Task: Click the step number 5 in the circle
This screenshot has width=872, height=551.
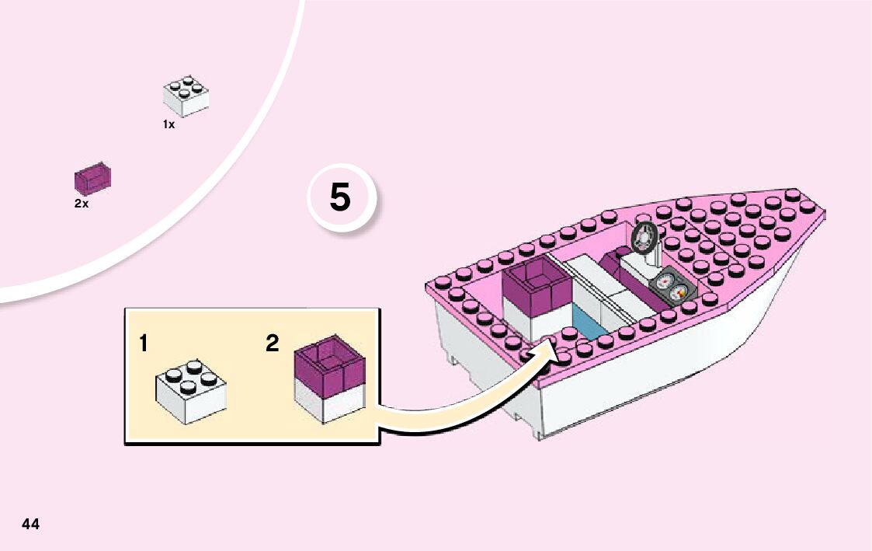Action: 340,198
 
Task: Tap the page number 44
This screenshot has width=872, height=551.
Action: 31,524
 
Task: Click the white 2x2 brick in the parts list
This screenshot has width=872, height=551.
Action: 186,96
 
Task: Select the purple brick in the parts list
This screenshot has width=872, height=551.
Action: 92,180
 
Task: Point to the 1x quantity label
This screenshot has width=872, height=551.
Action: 168,124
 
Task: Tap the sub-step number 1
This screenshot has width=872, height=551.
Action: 144,343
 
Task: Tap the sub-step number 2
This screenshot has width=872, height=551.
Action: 272,343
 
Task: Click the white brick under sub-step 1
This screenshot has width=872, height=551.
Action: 191,395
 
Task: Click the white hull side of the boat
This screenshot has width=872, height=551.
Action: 660,389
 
